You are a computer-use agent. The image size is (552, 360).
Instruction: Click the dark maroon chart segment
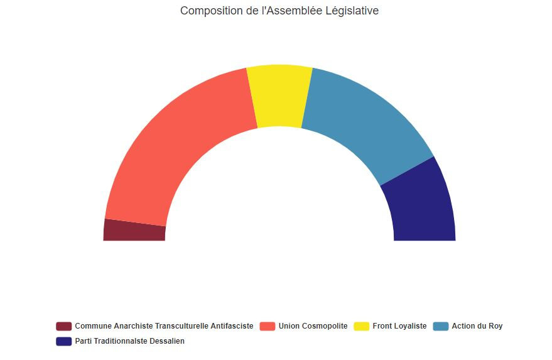click(x=134, y=231)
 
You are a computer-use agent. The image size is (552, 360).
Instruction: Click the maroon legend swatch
click(x=63, y=326)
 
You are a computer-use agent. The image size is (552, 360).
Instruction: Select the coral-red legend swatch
click(x=268, y=326)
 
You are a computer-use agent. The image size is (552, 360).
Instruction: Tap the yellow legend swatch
click(x=362, y=326)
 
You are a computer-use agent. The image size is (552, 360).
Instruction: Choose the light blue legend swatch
click(x=441, y=326)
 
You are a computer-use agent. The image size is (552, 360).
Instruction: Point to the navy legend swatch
click(x=63, y=341)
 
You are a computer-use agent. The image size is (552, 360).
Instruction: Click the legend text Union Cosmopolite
click(x=313, y=326)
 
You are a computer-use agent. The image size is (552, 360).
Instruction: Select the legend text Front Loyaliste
click(x=399, y=326)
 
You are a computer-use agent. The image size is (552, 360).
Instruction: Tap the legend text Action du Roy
click(x=477, y=326)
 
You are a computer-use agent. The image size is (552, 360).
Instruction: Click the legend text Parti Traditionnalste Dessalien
click(x=129, y=341)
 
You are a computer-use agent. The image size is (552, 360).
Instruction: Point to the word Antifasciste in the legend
click(x=232, y=326)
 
